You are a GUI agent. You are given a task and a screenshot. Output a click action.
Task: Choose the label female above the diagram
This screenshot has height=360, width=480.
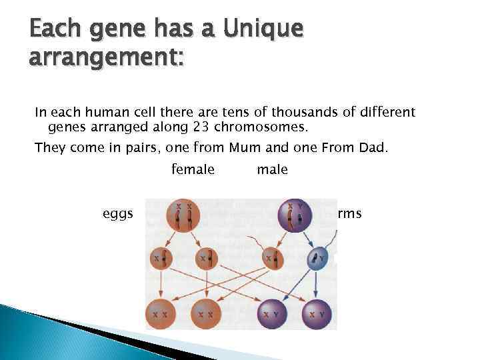(193, 169)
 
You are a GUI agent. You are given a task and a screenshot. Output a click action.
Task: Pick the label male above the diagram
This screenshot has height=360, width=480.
(272, 169)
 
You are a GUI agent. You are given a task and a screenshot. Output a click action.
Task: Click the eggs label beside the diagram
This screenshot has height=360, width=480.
(118, 213)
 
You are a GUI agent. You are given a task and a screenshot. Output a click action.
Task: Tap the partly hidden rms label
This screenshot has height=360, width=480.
(349, 213)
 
